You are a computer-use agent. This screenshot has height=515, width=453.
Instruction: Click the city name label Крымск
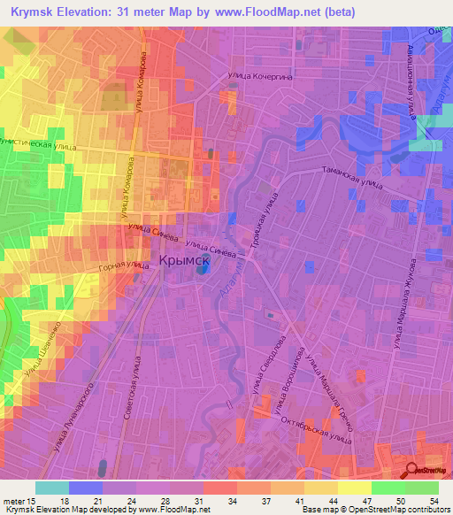[x=184, y=261]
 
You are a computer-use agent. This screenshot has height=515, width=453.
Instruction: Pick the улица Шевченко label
[x=44, y=354]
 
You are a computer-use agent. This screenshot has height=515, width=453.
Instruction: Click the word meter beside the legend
[x=17, y=501]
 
